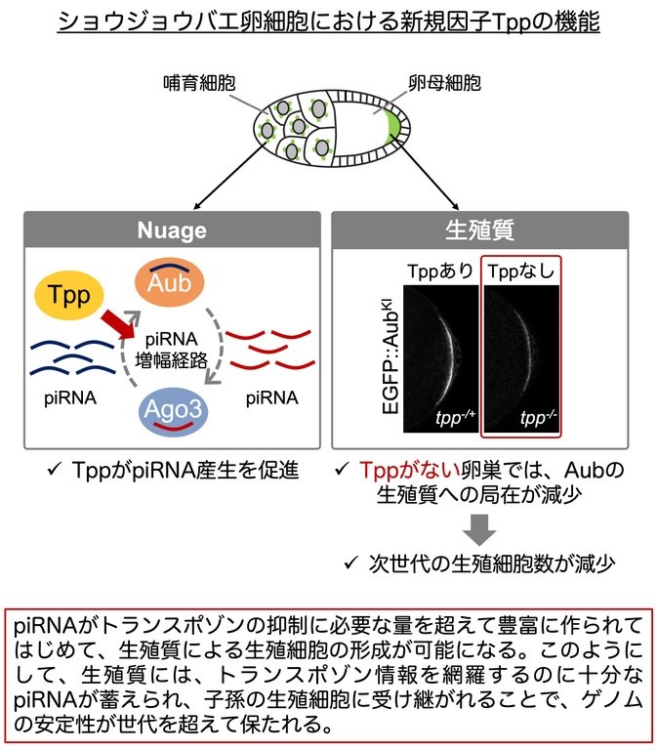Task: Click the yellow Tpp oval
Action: (69, 295)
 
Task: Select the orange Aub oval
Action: (170, 282)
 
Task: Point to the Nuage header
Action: (172, 230)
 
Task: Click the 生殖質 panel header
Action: (479, 230)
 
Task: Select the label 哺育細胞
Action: (199, 83)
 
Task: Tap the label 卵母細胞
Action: (444, 83)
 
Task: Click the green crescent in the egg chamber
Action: (394, 127)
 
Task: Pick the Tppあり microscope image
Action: (441, 358)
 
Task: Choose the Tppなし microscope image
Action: (521, 358)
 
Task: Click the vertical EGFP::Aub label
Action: (390, 355)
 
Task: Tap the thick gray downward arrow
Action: (479, 529)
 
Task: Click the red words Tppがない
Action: (409, 470)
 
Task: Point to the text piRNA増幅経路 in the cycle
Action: (171, 350)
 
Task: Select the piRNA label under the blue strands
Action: (70, 398)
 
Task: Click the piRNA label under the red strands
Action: (272, 398)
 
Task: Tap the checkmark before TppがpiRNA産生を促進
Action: (55, 469)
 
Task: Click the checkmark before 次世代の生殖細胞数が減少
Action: (351, 562)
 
